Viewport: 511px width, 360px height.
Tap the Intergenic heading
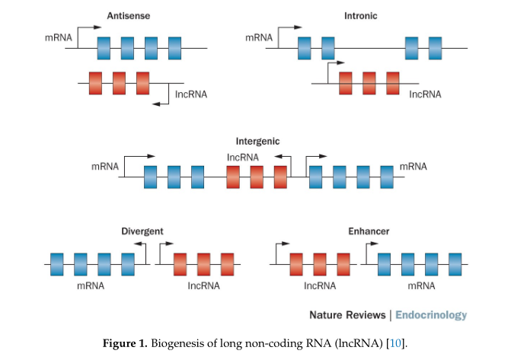[257, 142]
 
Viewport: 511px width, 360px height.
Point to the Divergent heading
[142, 231]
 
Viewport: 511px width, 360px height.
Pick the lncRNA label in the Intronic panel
[425, 94]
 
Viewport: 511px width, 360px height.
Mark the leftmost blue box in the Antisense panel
[104, 48]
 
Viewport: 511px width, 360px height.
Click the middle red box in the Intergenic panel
[257, 177]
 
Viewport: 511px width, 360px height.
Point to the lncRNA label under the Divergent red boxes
[203, 286]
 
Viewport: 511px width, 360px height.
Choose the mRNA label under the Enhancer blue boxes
[420, 286]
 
